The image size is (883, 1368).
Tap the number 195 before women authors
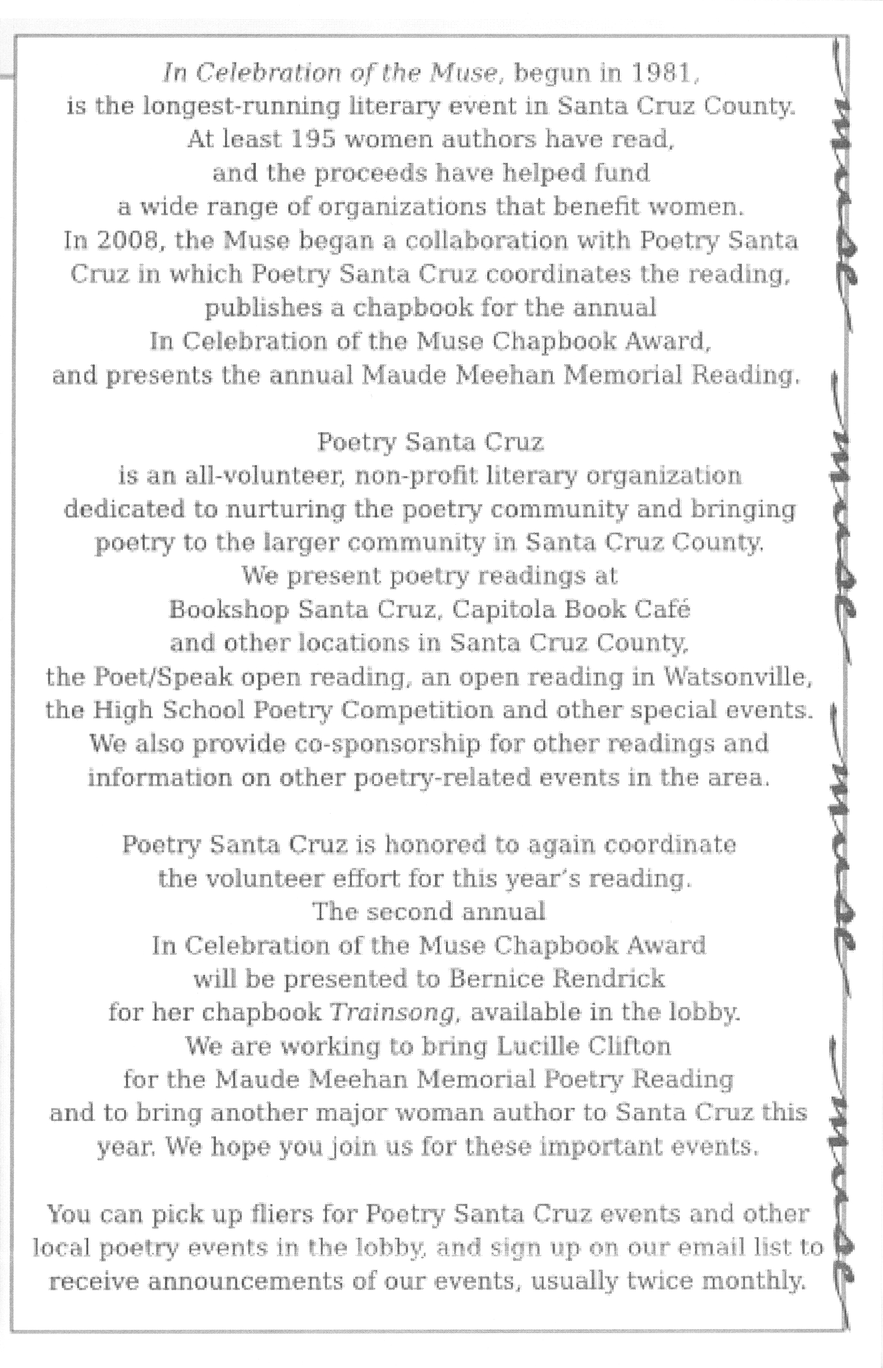[x=313, y=140]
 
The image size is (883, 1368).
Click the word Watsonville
[x=738, y=678]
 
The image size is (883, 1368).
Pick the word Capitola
[x=503, y=609]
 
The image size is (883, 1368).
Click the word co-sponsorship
[x=337, y=744]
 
